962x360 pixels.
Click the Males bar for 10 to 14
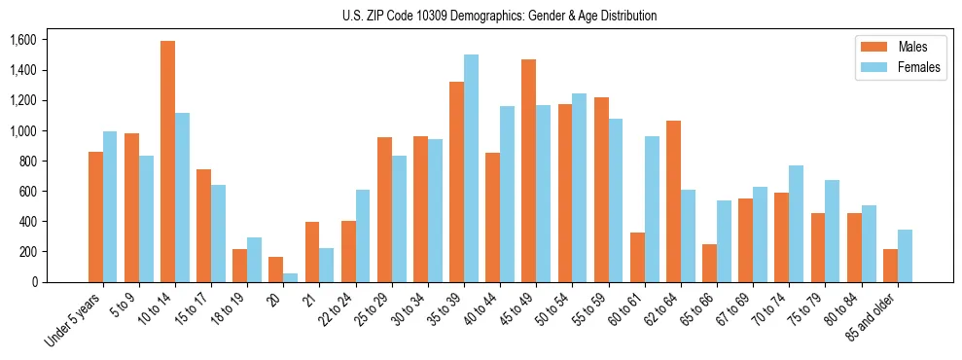168,162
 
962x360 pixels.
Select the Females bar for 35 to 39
471,168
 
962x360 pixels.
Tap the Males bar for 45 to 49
529,170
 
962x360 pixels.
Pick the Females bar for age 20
291,277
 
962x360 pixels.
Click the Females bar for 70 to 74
797,224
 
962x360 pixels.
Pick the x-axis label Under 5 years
74,320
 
